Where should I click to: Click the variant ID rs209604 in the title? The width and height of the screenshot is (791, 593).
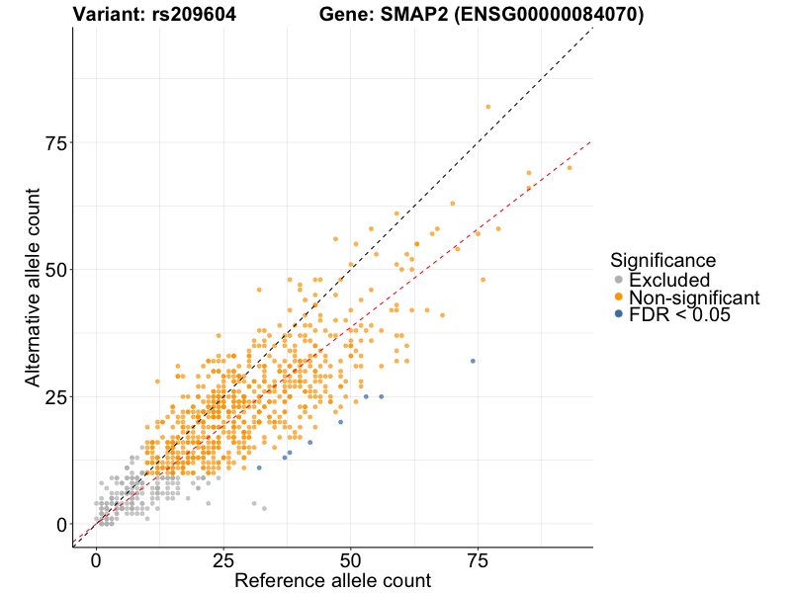(194, 15)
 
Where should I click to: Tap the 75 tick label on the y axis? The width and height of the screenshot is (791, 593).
(55, 142)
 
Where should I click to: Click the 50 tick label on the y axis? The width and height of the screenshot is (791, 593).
(55, 270)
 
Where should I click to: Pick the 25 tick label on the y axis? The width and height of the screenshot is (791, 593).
(55, 397)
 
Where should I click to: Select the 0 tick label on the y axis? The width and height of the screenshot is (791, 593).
(62, 524)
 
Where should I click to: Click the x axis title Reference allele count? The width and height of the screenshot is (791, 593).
(332, 580)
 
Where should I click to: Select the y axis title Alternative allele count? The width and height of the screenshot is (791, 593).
(33, 287)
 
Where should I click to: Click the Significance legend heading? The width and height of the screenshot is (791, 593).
(662, 260)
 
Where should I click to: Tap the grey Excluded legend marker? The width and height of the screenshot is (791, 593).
(619, 280)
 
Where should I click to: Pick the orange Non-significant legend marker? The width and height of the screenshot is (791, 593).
(619, 297)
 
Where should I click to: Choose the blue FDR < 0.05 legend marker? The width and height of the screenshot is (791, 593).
(619, 314)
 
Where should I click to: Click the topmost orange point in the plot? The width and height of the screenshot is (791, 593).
(487, 107)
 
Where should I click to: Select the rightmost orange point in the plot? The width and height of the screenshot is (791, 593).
(570, 167)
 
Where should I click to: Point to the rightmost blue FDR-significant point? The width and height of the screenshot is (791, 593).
(473, 361)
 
